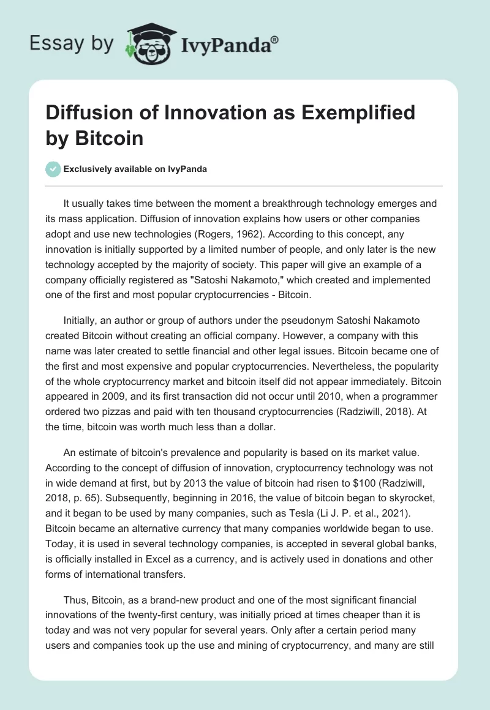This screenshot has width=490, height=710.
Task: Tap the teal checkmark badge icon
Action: pyautogui.click(x=53, y=169)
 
